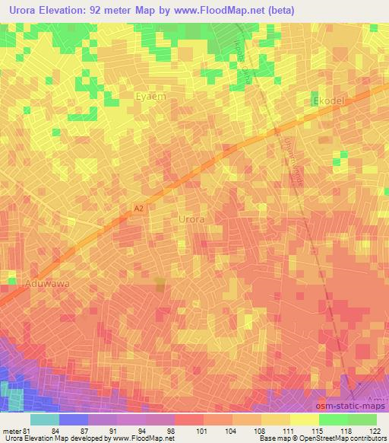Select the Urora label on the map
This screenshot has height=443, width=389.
tap(191, 218)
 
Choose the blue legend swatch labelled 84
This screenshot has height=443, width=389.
tap(74, 419)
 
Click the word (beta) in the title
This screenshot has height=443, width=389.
tap(280, 10)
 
